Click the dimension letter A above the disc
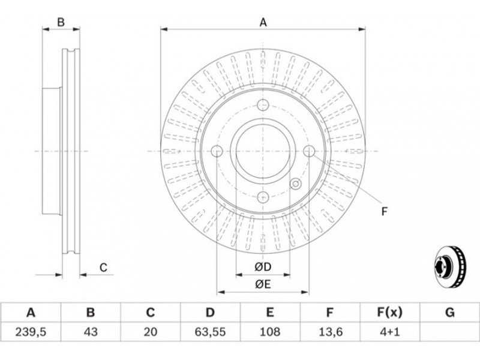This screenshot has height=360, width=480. tap(263, 23)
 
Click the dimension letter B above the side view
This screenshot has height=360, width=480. tap(61, 23)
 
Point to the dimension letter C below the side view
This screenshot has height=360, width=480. tap(103, 268)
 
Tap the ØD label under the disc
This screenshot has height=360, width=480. tap(263, 266)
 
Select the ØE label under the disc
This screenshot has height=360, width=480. tap(263, 284)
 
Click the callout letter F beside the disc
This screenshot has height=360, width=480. tap(385, 211)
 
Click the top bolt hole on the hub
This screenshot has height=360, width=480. tap(263, 106)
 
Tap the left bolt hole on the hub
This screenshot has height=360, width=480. tap(217, 151)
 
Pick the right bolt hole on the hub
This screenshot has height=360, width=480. tap(308, 151)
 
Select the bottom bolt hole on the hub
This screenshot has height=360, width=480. tap(263, 196)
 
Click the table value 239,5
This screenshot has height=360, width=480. tap(31, 331)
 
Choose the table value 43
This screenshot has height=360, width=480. tap(91, 331)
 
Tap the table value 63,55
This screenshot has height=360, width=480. tap(210, 331)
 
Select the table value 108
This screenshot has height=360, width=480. tap(270, 331)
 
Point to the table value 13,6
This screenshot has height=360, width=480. tap(330, 331)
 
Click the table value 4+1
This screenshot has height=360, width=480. tap(389, 331)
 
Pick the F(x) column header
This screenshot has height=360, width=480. tap(389, 312)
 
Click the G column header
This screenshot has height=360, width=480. tap(449, 312)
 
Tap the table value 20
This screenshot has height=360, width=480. tap(151, 331)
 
